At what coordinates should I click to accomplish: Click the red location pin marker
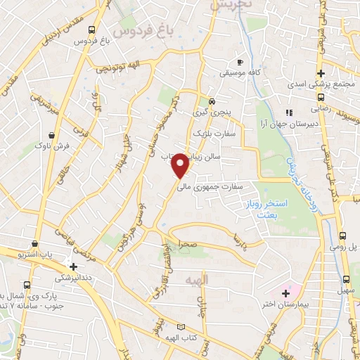[x=181, y=166]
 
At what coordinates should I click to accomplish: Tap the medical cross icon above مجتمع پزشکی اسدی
[x=321, y=73]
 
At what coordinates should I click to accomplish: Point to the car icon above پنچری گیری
[x=211, y=100]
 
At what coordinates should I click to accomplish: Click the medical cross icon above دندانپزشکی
[x=73, y=266]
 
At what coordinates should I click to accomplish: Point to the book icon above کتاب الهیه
[x=182, y=327]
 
